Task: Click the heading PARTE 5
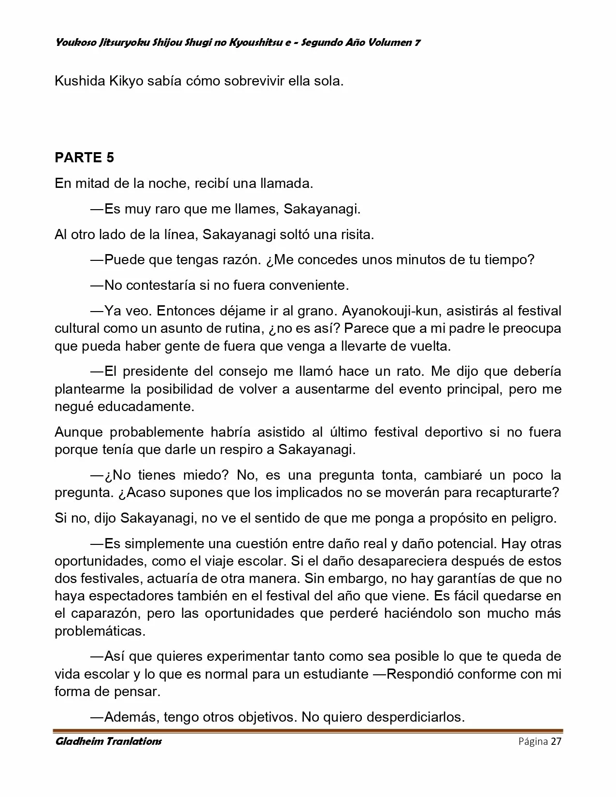[85, 157]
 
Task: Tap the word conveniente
[308, 285]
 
